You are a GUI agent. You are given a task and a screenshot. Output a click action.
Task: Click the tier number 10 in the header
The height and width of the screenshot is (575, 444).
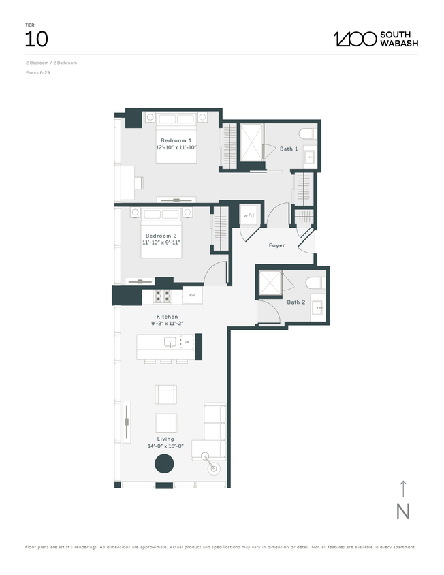pyautogui.click(x=36, y=39)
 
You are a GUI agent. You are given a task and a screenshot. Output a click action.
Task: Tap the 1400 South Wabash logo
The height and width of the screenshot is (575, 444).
pyautogui.click(x=375, y=39)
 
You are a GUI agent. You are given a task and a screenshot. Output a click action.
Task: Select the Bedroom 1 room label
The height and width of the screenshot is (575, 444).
pyautogui.click(x=176, y=140)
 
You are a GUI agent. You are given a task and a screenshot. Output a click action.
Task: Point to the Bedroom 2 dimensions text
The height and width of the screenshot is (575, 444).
pyautogui.click(x=161, y=243)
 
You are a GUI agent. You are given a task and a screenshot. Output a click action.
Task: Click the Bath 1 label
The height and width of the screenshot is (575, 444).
pyautogui.click(x=289, y=149)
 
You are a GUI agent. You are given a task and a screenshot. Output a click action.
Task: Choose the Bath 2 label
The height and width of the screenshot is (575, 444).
pyautogui.click(x=296, y=302)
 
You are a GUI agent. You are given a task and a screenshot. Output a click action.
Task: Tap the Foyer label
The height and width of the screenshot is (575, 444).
pyautogui.click(x=276, y=245)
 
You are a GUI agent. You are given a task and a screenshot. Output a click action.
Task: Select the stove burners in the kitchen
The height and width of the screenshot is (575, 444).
pyautogui.click(x=163, y=296)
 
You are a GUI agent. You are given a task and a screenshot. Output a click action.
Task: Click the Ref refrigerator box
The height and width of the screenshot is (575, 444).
pyautogui.click(x=192, y=296)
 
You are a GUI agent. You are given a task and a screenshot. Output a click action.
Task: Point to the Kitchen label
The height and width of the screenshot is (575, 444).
pyautogui.click(x=167, y=317)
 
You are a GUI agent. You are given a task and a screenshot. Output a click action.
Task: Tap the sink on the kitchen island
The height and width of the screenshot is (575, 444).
pyautogui.click(x=170, y=342)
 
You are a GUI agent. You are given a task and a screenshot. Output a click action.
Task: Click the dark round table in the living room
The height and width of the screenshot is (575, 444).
pyautogui.click(x=164, y=465)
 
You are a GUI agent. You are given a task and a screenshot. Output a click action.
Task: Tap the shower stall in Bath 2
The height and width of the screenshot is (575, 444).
pyautogui.click(x=270, y=283)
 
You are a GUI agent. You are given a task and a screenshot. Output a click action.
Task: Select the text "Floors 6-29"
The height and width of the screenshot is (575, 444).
pyautogui.click(x=37, y=72)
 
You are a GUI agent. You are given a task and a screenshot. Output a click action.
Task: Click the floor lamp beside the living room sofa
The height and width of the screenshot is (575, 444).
pyautogui.click(x=213, y=466)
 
